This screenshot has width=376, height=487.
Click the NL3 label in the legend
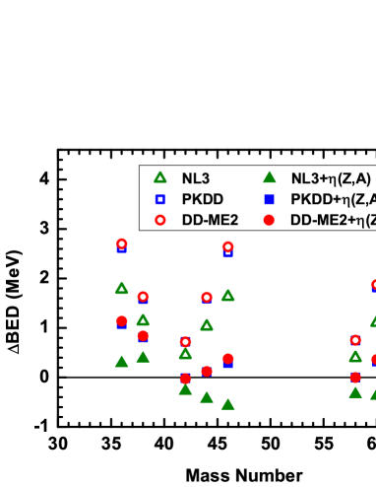coord(195,178)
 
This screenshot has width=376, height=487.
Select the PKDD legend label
coord(202,199)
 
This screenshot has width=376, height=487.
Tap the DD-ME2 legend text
coord(210,220)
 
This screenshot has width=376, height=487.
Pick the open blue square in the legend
coord(159,199)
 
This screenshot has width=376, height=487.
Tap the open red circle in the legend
coord(159,220)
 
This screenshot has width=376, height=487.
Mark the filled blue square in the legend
coord(269,199)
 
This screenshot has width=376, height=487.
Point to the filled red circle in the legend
coord(269,220)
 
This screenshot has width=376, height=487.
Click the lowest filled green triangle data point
coord(227,404)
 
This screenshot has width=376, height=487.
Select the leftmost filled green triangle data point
coord(121,362)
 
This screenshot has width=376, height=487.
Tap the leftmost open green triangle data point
coord(121,289)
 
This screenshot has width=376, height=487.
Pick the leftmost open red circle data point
coord(121,243)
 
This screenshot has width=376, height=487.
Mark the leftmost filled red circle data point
coord(121,320)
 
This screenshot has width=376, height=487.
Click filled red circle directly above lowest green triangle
coord(227,359)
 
